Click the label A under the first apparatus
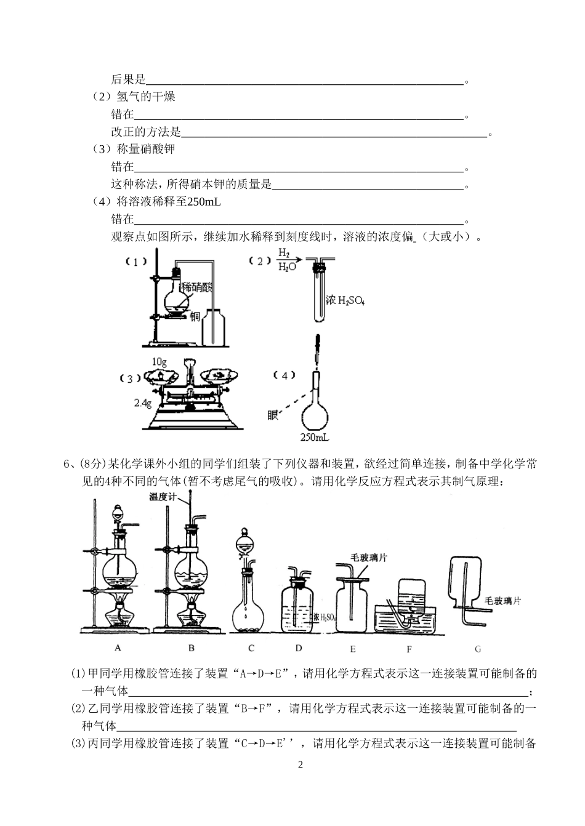point(118,648)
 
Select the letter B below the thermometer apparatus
point(192,648)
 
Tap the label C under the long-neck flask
point(251,648)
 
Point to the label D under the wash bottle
point(299,648)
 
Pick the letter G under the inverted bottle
point(478,648)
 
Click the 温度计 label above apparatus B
point(163,496)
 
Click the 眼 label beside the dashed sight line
point(273,415)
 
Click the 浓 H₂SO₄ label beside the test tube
point(345,301)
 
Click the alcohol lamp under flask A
point(118,612)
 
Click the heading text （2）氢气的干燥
point(134,97)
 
